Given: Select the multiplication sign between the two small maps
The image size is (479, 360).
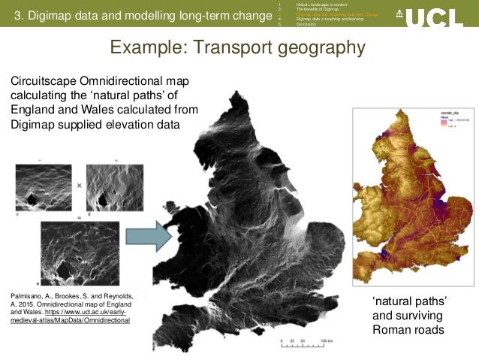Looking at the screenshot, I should (79, 184).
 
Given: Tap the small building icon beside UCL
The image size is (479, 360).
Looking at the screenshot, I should (398, 14).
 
